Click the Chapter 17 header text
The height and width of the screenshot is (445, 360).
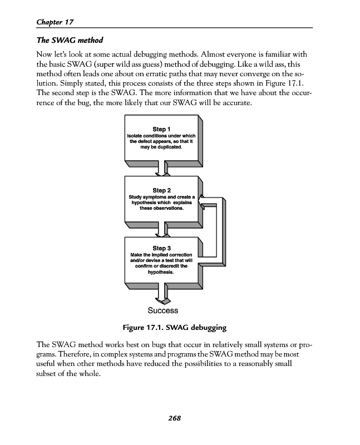click(55, 22)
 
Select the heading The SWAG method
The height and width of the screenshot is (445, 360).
click(69, 41)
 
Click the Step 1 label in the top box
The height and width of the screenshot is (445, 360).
click(161, 129)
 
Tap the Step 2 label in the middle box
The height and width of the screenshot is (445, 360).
click(161, 190)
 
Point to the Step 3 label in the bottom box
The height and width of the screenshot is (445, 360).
click(161, 248)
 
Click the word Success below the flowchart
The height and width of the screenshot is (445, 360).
click(163, 310)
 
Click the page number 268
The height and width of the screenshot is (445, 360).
click(176, 418)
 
